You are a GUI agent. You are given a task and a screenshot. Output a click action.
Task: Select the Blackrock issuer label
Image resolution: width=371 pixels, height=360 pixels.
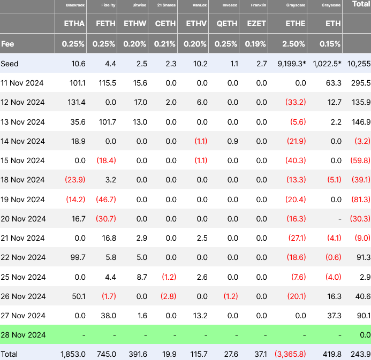pos(75,5)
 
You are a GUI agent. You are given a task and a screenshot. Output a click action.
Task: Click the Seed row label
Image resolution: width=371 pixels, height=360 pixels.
pos(10,64)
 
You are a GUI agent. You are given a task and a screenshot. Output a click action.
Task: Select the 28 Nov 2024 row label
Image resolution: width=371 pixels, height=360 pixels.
pos(22,335)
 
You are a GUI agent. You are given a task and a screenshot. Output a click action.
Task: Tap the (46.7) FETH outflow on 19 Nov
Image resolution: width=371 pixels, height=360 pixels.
pos(107,200)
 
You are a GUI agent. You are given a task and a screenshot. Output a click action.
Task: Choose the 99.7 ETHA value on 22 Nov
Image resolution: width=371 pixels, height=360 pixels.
pos(75,257)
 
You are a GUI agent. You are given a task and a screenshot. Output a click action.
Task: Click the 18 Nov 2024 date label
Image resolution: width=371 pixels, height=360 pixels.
pos(22,180)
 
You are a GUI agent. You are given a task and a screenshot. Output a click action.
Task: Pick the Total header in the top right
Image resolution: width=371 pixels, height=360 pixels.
pos(360,4)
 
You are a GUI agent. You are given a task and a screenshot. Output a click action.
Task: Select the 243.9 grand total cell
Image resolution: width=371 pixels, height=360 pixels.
pos(360,354)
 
